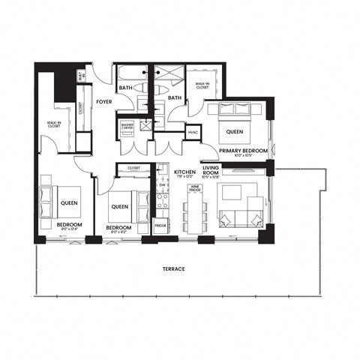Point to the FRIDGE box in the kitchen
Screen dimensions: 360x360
point(160,225)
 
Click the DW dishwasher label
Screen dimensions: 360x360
point(162,184)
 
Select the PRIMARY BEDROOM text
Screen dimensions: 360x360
point(244,151)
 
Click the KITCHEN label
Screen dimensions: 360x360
point(184,172)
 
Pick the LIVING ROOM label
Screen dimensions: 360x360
point(211,172)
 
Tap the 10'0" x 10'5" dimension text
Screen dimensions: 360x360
point(244,157)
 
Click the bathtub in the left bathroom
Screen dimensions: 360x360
point(133,76)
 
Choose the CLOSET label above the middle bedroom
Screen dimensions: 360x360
point(134,168)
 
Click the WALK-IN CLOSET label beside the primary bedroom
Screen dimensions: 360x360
point(202,85)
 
